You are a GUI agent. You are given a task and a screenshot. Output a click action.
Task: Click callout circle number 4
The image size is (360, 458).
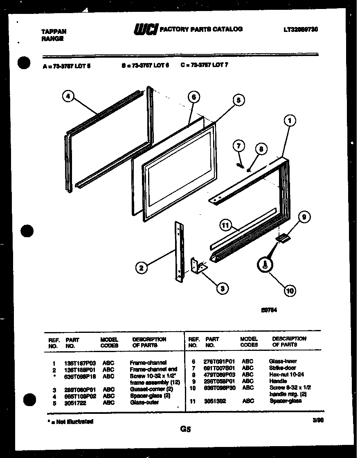[69, 97]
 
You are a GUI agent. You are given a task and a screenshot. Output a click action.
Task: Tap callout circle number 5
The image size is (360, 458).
[239, 99]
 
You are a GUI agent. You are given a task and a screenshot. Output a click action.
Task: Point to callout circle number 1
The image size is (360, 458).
[289, 121]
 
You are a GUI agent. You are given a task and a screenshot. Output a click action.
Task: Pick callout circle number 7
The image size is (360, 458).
[239, 146]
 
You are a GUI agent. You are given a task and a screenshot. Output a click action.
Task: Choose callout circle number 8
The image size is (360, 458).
[262, 149]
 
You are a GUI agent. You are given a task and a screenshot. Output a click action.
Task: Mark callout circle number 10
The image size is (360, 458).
[289, 291]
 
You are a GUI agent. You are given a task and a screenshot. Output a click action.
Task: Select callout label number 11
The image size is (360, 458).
[225, 225]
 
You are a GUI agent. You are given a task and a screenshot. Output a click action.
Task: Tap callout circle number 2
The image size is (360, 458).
[141, 268]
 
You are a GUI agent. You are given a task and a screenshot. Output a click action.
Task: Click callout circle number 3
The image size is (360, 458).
[222, 289]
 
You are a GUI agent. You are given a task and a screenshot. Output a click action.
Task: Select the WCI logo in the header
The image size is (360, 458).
[146, 30]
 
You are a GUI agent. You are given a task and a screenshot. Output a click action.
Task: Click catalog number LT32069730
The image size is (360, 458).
[301, 29]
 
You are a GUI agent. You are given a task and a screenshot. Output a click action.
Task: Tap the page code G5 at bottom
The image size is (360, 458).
[185, 429]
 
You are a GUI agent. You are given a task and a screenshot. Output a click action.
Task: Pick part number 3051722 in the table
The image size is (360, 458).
[76, 402]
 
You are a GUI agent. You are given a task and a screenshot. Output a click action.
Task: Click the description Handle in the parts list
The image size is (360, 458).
[278, 381]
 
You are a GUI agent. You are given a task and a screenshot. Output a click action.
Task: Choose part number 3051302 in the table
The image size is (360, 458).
[216, 401]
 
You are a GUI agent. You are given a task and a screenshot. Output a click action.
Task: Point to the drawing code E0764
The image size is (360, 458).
[268, 310]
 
